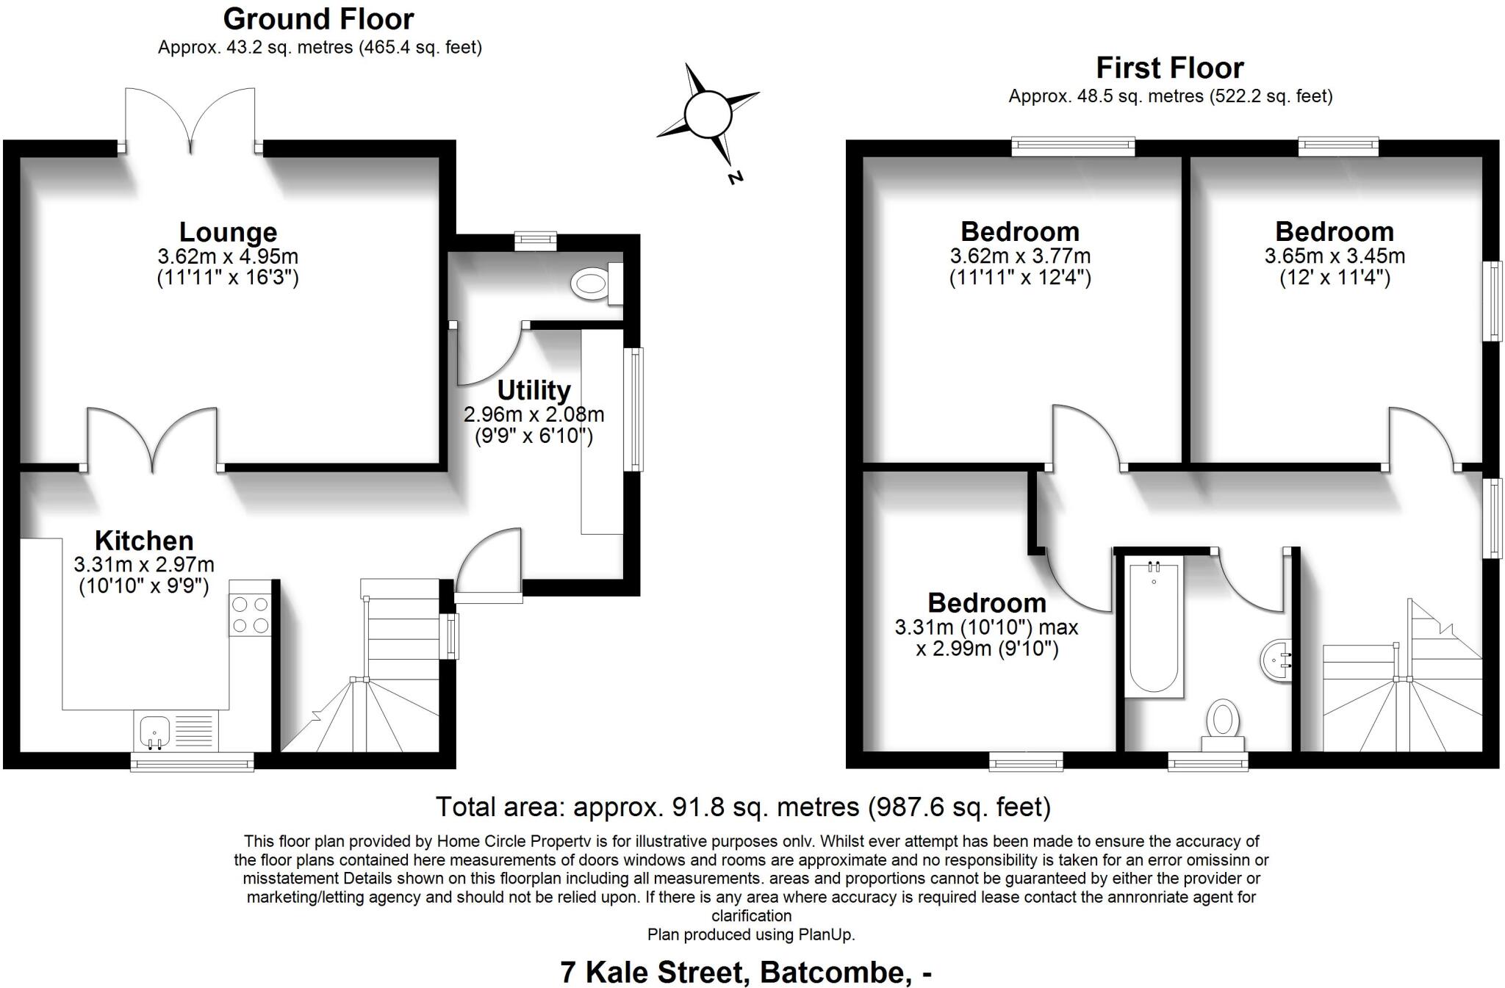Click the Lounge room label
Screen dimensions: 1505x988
tap(228, 232)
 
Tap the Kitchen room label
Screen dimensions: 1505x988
tap(144, 541)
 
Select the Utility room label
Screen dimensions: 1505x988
tap(534, 390)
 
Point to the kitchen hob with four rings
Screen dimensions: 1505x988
tap(250, 615)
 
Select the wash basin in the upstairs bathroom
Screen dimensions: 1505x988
tap(1276, 660)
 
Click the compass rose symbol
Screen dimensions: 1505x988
tap(708, 115)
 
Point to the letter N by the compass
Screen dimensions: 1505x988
tap(735, 177)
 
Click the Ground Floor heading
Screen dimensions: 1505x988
tap(318, 19)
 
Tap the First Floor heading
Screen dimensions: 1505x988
tap(1170, 68)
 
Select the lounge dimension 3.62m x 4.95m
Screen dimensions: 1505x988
tap(228, 257)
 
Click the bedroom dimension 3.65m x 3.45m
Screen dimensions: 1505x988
tap(1335, 256)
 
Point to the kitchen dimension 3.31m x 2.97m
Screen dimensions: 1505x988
tap(144, 565)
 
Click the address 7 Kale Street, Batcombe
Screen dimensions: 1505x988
tap(746, 972)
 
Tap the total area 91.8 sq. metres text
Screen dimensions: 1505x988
tap(743, 807)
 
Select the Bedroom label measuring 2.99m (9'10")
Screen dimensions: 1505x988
tap(987, 603)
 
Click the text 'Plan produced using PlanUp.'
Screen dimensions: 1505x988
tap(751, 935)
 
